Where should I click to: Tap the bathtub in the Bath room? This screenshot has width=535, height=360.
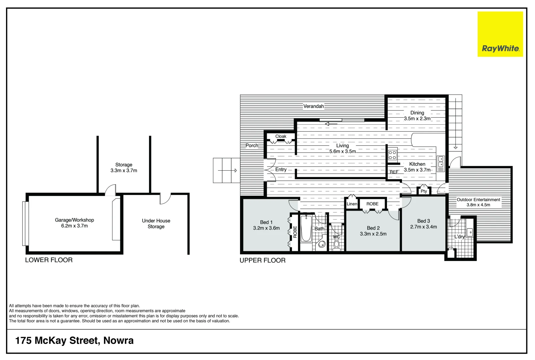pyautogui.click(x=306, y=229)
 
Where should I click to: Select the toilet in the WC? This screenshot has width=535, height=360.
pyautogui.click(x=336, y=245)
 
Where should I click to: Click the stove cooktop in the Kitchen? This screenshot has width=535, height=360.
pyautogui.click(x=392, y=155)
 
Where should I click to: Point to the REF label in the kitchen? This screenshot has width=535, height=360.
pyautogui.click(x=394, y=172)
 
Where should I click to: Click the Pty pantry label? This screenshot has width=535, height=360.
pyautogui.click(x=424, y=191)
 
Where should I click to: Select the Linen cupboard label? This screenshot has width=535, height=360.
pyautogui.click(x=352, y=204)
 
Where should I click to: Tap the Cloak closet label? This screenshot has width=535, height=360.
pyautogui.click(x=281, y=136)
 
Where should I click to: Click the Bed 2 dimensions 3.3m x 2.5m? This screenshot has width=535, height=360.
pyautogui.click(x=373, y=234)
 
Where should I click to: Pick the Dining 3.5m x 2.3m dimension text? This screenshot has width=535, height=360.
pyautogui.click(x=417, y=119)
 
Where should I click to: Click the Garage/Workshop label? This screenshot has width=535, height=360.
pyautogui.click(x=74, y=220)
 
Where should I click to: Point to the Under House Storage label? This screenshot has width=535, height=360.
pyautogui.click(x=156, y=223)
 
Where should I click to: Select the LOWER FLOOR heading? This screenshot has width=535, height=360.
pyautogui.click(x=49, y=260)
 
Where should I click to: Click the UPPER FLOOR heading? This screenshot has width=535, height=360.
pyautogui.click(x=262, y=260)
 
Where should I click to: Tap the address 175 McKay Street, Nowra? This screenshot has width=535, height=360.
pyautogui.click(x=74, y=340)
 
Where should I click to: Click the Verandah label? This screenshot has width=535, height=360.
pyautogui.click(x=313, y=106)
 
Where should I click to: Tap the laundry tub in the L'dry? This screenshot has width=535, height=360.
pyautogui.click(x=470, y=232)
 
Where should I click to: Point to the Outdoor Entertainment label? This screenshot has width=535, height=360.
pyautogui.click(x=478, y=200)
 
